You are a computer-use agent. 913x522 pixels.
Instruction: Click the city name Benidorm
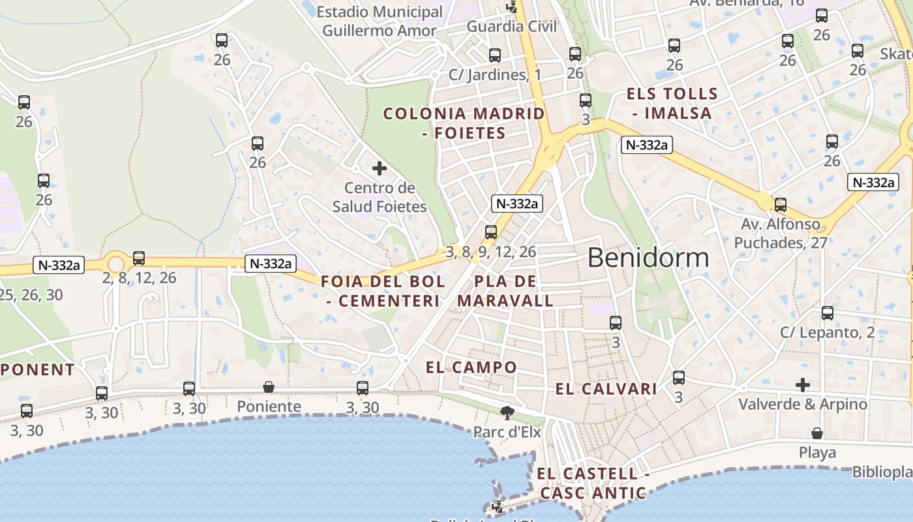(x=648, y=258)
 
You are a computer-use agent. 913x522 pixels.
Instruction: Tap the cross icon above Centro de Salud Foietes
(x=379, y=168)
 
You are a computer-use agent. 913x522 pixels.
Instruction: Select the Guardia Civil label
(x=512, y=26)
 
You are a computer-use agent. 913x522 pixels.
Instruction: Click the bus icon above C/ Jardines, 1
(x=495, y=55)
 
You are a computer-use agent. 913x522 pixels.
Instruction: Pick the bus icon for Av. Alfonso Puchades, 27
(x=781, y=205)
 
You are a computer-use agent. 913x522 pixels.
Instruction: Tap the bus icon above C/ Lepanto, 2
(x=828, y=313)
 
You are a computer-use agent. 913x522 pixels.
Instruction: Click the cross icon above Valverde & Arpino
(x=803, y=384)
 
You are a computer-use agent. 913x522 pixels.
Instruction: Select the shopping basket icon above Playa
(x=816, y=433)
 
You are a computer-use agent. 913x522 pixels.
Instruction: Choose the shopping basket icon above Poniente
(x=269, y=388)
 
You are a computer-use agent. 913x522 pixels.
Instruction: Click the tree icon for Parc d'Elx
(x=506, y=412)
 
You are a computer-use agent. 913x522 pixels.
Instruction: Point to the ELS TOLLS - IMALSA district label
(x=672, y=103)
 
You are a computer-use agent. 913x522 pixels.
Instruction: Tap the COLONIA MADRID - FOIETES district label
(x=464, y=123)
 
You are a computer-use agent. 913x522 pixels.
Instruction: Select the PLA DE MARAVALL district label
(x=505, y=291)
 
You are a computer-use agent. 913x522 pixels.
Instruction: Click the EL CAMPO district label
(x=471, y=367)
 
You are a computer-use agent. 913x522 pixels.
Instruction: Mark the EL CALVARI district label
(x=606, y=390)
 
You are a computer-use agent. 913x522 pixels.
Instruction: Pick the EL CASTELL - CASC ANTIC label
(x=593, y=483)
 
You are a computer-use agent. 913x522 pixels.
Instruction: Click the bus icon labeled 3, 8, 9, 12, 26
(x=491, y=232)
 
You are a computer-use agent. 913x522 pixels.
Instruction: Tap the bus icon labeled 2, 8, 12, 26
(x=139, y=258)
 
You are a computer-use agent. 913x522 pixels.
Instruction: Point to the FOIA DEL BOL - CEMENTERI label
(x=383, y=291)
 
